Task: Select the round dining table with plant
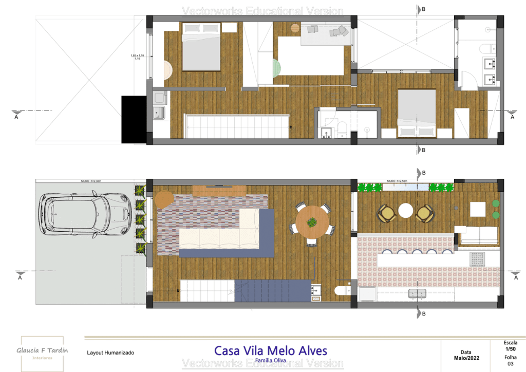pos(312,222)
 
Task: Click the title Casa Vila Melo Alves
pos(270,351)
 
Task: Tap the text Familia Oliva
pos(270,360)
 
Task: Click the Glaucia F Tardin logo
pos(42,353)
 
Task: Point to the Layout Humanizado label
pos(110,353)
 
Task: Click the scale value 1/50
pos(511,349)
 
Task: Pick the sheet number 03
pos(511,364)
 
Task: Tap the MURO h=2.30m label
pos(91,181)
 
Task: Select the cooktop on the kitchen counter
pos(477,259)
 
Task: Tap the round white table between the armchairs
pos(406,210)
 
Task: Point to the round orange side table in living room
pos(165,199)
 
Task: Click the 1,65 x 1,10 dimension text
pos(137,55)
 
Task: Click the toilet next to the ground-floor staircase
pos(343,291)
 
